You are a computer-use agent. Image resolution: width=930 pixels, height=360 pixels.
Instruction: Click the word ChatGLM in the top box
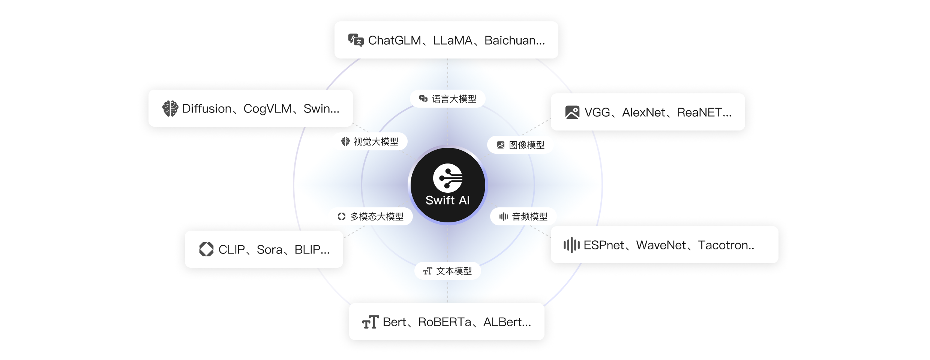[x=394, y=40]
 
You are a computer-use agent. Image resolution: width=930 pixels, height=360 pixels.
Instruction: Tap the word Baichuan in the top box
[x=510, y=40]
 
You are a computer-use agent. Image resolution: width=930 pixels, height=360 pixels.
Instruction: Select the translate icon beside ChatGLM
[x=356, y=40]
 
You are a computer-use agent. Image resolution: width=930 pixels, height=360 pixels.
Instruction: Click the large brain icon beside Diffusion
[x=170, y=108]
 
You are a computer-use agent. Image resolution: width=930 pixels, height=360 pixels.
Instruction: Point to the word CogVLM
[x=267, y=109]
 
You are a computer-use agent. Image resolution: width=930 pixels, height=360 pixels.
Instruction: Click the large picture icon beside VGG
[x=572, y=112]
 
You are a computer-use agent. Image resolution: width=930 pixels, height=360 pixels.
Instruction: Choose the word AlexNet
[x=643, y=112]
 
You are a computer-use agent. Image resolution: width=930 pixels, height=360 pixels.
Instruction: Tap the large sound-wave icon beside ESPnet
[x=571, y=245]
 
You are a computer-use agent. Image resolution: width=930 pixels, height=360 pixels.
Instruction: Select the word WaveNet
[x=661, y=245]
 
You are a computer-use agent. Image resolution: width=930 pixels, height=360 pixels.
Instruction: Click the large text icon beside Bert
[x=370, y=322]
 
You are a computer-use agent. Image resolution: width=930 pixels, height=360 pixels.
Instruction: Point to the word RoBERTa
[x=444, y=322]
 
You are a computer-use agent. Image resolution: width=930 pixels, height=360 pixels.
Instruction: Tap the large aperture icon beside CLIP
[x=206, y=249]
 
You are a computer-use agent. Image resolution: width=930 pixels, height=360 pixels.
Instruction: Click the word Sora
[x=269, y=250]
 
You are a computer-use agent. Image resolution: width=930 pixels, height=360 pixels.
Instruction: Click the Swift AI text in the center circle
[x=447, y=200]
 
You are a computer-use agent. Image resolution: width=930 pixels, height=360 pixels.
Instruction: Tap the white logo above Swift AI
[x=448, y=178]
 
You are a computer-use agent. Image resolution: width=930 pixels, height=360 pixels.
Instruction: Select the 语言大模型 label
[x=454, y=99]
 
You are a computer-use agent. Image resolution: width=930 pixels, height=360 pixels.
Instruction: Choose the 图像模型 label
[x=526, y=145]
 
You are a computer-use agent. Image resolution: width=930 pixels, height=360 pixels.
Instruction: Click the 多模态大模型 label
[x=376, y=217]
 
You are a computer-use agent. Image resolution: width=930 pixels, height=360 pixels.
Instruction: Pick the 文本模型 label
[x=454, y=271]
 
